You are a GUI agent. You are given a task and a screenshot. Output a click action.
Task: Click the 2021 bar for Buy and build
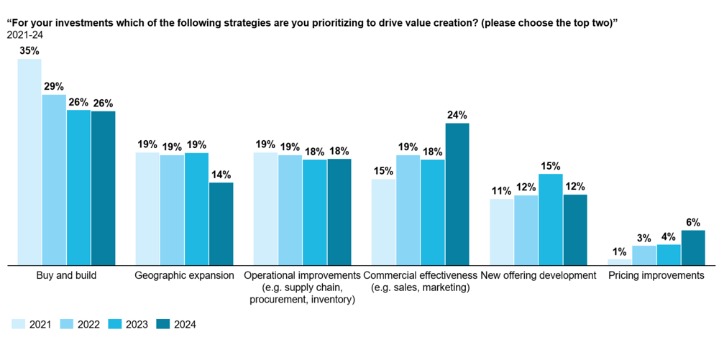coord(29,162)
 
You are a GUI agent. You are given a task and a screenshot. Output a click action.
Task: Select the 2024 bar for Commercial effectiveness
coord(457,194)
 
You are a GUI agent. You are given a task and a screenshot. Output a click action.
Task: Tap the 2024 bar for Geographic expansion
coord(221,224)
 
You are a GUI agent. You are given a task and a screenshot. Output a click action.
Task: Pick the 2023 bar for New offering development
coord(551,219)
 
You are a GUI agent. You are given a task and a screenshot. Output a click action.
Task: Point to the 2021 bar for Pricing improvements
coord(620,262)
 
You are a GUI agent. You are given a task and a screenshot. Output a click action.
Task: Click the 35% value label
coord(29,51)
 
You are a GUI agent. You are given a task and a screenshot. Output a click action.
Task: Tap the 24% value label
coord(457,115)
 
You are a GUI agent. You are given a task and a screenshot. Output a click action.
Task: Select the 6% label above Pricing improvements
coord(693,223)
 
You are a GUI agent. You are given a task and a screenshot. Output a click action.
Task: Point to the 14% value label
coord(221,175)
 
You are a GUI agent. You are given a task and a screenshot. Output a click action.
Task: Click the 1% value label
coord(620,251)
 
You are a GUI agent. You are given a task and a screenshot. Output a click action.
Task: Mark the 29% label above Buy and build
coord(54,87)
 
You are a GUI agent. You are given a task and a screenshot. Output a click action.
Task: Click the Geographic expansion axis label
coord(185,275)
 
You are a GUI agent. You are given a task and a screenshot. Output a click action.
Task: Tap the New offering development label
coord(539,275)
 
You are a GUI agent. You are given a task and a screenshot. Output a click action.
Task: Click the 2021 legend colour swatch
coord(17,325)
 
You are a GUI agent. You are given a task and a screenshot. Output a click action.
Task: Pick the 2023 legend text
coord(135,325)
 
